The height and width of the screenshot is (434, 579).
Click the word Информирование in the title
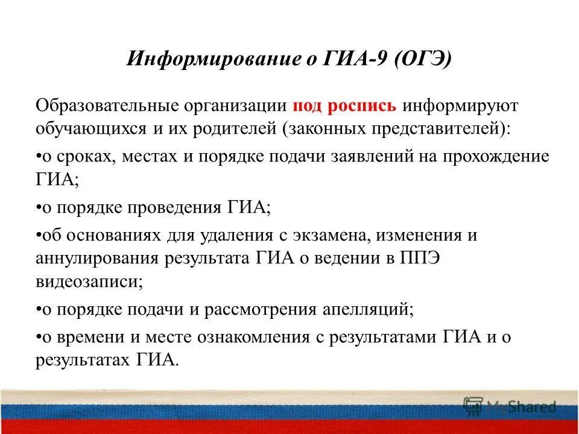tap(194, 60)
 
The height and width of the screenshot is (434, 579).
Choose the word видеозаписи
tap(89, 280)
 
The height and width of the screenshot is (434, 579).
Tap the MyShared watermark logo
tap(510, 405)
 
